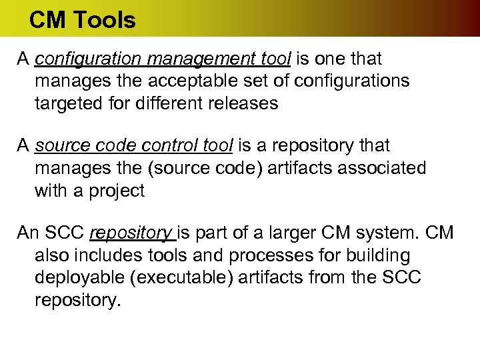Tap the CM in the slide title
tap(46, 20)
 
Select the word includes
tap(101, 256)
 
